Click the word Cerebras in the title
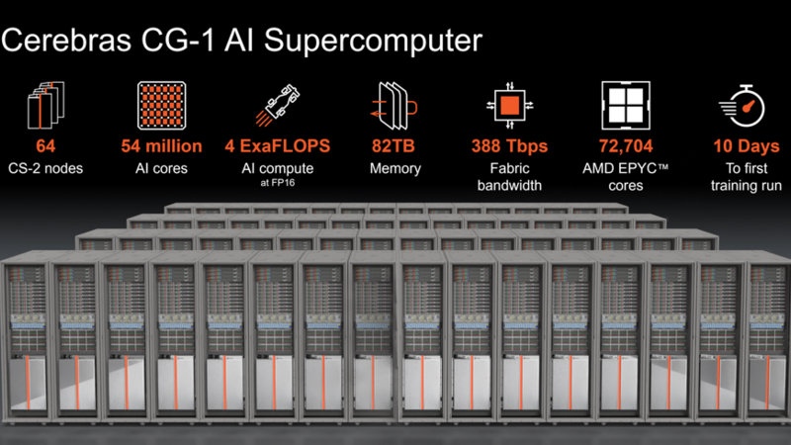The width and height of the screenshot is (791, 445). tap(66, 41)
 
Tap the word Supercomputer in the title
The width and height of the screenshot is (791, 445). tap(374, 42)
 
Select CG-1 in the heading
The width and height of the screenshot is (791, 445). tap(178, 41)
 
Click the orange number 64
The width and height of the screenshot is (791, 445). tap(45, 146)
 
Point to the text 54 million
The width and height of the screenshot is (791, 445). tap(161, 146)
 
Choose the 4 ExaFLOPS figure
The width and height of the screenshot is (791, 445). tap(278, 146)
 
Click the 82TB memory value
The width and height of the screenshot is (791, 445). tap(394, 146)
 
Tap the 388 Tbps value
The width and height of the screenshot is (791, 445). tap(509, 146)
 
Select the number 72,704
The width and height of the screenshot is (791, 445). tap(626, 146)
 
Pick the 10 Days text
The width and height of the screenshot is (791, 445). tap(747, 146)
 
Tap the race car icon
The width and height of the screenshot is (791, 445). tap(278, 105)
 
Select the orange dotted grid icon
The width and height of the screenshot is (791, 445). tap(161, 106)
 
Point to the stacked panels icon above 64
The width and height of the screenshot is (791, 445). tap(45, 105)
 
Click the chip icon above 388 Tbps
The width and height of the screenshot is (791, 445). tap(509, 106)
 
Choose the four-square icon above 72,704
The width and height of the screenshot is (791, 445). tap(626, 106)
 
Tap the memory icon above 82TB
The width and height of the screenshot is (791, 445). tap(394, 106)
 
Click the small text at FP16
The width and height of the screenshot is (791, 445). tap(278, 183)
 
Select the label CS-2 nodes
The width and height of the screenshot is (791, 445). tap(45, 168)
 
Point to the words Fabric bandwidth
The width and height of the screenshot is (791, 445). tap(509, 177)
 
